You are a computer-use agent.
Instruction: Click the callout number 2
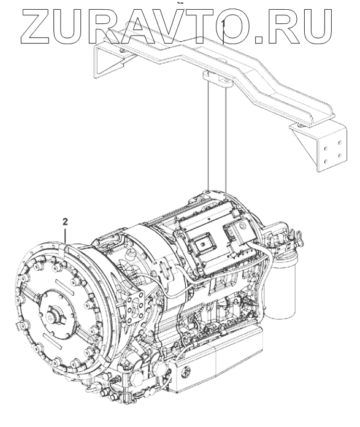tap(65, 222)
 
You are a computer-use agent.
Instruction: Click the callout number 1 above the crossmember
tap(223, 24)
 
